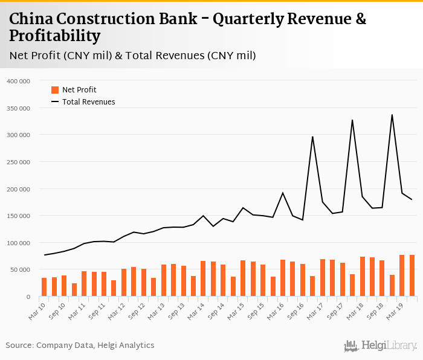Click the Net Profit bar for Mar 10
coord(44,287)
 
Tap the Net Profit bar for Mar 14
coord(203,278)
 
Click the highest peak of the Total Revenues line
coord(392,115)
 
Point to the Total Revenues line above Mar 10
coord(44,255)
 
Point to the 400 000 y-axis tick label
coord(19,81)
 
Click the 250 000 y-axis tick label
coord(19,162)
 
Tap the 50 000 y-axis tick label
coord(21,270)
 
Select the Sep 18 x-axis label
coord(374,310)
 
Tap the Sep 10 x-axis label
coord(57,310)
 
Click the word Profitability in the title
coord(54,36)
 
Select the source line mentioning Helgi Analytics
coord(80,346)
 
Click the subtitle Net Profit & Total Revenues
coord(132,56)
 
